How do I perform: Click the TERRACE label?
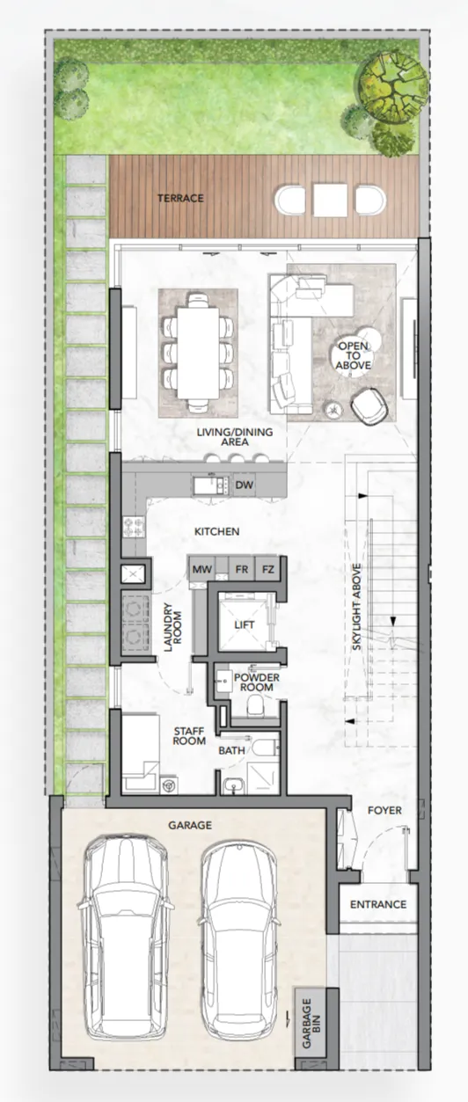click(180, 198)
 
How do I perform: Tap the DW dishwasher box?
click(244, 485)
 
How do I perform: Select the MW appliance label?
click(201, 569)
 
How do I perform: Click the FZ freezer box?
click(267, 569)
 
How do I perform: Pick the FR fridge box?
click(242, 569)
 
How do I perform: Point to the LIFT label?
click(244, 624)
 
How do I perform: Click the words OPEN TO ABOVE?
click(354, 355)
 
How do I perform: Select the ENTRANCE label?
click(378, 904)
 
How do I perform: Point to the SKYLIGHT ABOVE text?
click(357, 608)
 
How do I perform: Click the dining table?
click(198, 353)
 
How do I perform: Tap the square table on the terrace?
click(330, 201)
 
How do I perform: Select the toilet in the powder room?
click(256, 705)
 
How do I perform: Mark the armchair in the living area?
click(370, 405)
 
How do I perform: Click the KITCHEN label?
click(217, 531)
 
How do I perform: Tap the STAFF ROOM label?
click(189, 736)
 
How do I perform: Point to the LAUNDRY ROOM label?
click(172, 627)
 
